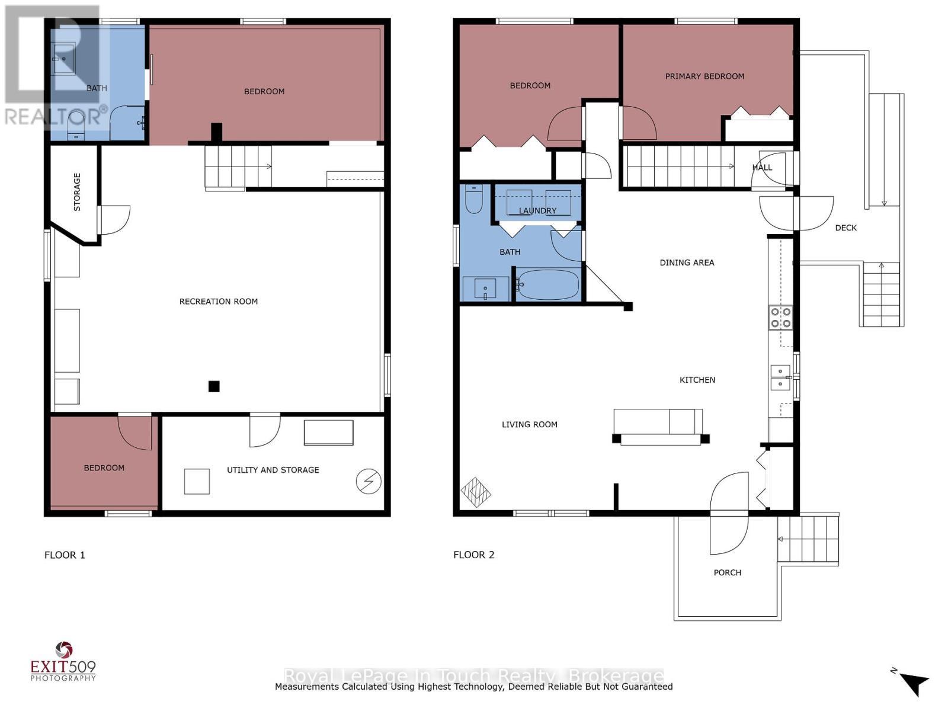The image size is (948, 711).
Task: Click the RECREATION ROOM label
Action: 219,302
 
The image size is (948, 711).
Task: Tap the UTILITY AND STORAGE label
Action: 273,470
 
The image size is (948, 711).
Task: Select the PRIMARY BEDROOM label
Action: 704,76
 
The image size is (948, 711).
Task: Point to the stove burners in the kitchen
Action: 780,317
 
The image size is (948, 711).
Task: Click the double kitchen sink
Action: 780,377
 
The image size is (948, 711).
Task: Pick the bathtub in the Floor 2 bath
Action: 547,285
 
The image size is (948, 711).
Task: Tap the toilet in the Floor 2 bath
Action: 474,200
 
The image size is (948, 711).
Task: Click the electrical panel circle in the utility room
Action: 368,482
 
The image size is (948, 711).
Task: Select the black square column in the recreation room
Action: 214,386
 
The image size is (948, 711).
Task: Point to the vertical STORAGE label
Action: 77,192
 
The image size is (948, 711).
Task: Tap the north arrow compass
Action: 913,682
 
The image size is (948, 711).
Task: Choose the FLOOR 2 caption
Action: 473,555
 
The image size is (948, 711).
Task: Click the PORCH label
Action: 727,573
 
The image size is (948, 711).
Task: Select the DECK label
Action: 845,228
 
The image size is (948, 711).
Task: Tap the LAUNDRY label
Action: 537,211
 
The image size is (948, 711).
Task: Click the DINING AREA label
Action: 687,262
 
